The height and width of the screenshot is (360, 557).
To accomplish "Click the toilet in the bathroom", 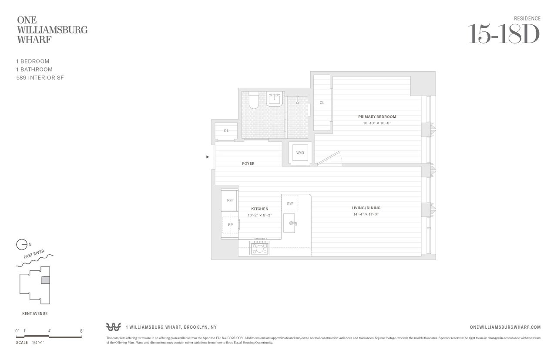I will click(x=254, y=100).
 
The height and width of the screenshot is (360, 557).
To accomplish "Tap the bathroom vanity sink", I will click(x=275, y=100).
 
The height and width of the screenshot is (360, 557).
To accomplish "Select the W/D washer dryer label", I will click(x=300, y=153).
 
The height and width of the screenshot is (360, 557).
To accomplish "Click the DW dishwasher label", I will click(x=289, y=203).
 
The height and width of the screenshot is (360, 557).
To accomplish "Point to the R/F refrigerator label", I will click(x=230, y=200).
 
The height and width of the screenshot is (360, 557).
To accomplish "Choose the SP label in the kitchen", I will click(x=230, y=224).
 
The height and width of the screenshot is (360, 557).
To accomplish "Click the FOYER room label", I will click(x=248, y=163).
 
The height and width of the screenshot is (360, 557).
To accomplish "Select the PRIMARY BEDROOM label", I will click(x=377, y=117).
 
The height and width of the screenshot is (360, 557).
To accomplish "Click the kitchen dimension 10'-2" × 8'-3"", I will click(x=260, y=215).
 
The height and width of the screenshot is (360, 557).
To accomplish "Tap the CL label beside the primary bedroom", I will click(x=322, y=103).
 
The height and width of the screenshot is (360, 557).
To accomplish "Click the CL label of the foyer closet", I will click(x=226, y=130).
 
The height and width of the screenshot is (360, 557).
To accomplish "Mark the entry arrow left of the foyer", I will click(x=208, y=157).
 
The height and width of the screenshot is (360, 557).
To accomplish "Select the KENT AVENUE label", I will click(x=35, y=313).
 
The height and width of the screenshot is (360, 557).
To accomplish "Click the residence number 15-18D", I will click(x=503, y=34).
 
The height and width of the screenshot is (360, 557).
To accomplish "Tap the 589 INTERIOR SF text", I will click(x=40, y=77).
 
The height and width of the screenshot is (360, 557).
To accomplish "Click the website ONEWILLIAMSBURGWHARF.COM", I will click(x=506, y=327).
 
